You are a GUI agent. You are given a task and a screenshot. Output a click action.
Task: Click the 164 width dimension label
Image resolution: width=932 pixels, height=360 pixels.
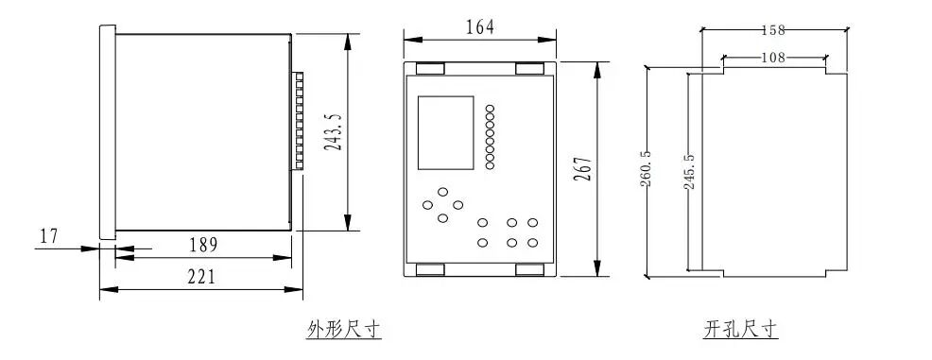pyautogui.click(x=480, y=27)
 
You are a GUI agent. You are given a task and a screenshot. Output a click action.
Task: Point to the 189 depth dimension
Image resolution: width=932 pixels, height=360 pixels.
pyautogui.click(x=201, y=245)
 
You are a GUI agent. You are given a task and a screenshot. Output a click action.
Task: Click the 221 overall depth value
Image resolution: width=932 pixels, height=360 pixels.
pyautogui.click(x=199, y=276)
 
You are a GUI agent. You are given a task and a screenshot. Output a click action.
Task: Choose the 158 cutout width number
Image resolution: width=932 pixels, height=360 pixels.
pyautogui.click(x=773, y=30)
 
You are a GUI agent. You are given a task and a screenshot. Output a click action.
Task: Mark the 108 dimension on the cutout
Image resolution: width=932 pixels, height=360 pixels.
pyautogui.click(x=773, y=58)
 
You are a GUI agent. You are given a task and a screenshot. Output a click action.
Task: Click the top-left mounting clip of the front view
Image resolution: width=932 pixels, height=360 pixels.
pyautogui.click(x=430, y=68)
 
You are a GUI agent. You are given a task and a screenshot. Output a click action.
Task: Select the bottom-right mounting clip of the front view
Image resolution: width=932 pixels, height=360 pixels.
pyautogui.click(x=528, y=270)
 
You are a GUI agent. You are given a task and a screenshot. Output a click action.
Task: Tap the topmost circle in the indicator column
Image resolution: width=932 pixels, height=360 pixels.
pyautogui.click(x=490, y=110)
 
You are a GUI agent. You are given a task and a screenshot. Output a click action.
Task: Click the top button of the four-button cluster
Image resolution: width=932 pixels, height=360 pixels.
pyautogui.click(x=442, y=192)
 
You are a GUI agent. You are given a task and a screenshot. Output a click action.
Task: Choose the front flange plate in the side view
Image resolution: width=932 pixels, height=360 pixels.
pyautogui.click(x=107, y=132)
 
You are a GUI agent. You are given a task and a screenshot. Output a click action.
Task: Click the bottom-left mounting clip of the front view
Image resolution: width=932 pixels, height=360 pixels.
pyautogui.click(x=430, y=270)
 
